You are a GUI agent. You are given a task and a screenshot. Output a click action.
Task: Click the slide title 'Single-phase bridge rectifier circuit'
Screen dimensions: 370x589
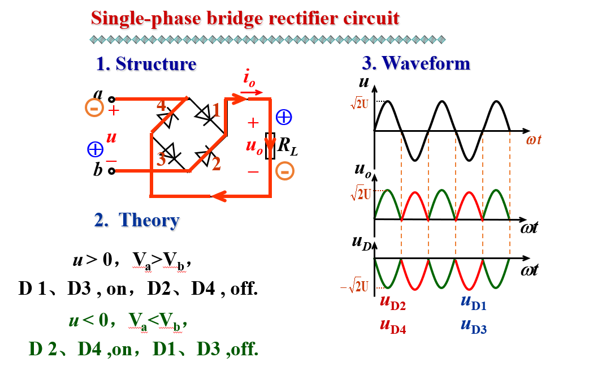(245, 19)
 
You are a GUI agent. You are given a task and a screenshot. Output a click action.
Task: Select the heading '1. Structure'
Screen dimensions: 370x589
(146, 64)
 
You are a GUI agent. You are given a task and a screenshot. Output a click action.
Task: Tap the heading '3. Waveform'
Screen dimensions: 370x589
(415, 63)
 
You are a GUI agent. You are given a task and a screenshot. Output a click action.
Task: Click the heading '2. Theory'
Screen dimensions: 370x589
(137, 220)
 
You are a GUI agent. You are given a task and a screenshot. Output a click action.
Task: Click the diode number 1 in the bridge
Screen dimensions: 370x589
(215, 111)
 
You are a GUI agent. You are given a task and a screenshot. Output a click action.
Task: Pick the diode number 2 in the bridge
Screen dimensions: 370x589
(215, 164)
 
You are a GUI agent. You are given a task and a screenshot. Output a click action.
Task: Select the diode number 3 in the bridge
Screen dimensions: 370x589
(162, 160)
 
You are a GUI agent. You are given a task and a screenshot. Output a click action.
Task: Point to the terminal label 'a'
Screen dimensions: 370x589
(98, 94)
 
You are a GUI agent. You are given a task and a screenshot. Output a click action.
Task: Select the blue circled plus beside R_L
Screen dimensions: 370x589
(284, 117)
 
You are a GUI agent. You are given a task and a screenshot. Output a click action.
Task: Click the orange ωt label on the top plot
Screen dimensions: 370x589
(534, 139)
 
